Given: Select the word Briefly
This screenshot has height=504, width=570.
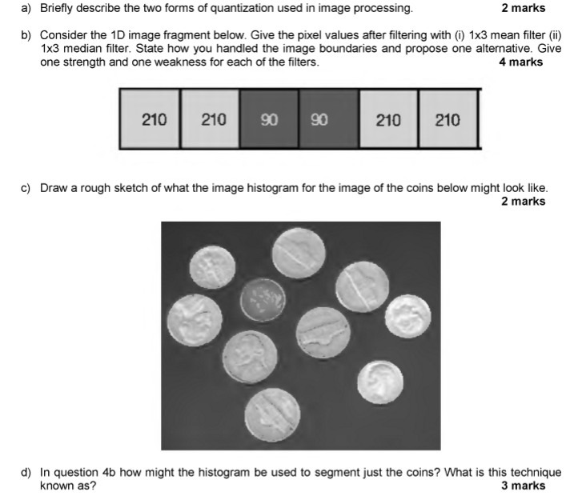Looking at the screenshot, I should (x=58, y=9).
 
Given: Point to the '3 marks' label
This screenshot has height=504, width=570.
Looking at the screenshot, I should (x=523, y=486).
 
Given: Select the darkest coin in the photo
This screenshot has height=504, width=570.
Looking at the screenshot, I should (x=262, y=300).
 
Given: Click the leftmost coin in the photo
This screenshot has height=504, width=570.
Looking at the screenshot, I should (x=195, y=320).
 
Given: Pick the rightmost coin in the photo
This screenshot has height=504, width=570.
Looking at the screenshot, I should (x=407, y=317).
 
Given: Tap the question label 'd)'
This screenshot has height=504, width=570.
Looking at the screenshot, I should (x=26, y=473).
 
